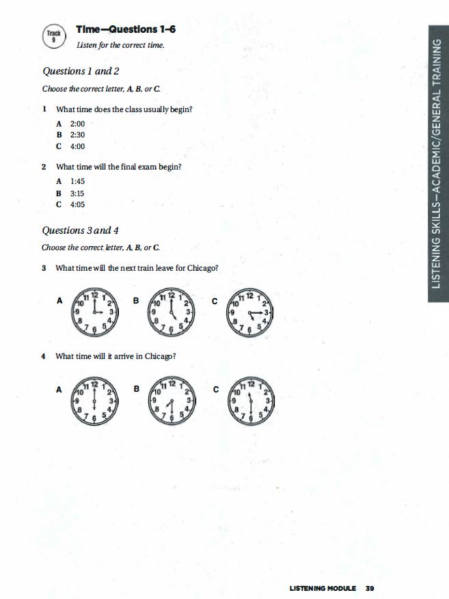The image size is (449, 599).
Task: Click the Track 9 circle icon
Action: point(53,36)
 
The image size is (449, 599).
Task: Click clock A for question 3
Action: point(94,311)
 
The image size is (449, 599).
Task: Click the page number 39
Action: point(370,588)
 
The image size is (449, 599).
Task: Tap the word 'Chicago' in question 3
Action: point(203,267)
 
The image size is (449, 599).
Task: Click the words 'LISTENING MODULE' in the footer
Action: point(323,588)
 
